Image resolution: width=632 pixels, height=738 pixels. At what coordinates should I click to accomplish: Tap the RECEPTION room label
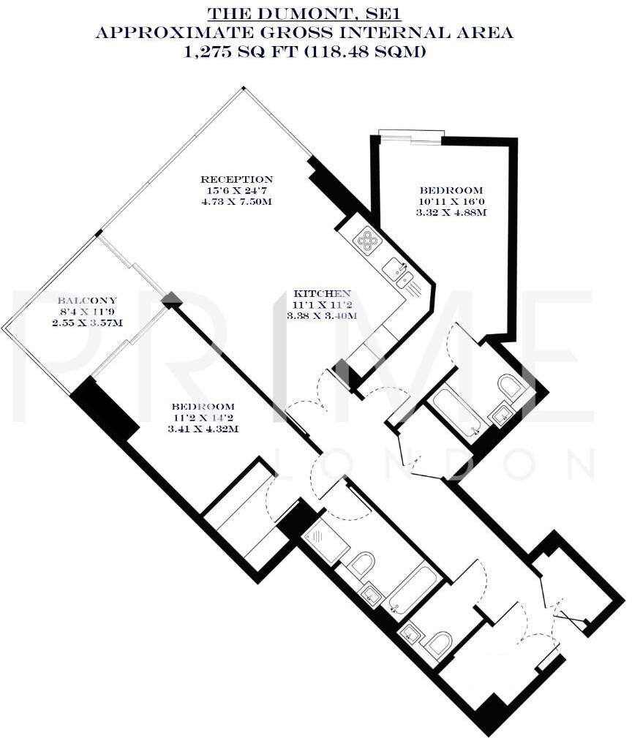tap(237, 179)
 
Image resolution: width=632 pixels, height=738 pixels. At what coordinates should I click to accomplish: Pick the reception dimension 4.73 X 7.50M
tap(237, 202)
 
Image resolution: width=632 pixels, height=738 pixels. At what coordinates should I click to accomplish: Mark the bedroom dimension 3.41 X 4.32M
tap(203, 429)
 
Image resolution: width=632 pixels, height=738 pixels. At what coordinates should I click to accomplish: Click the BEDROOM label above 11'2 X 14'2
tap(203, 407)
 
